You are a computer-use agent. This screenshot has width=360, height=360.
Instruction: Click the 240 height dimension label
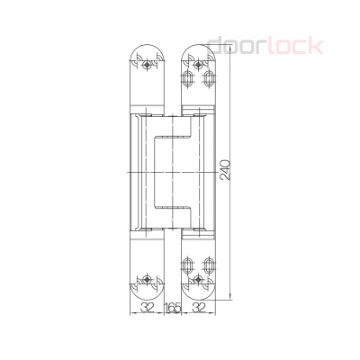pos(225,169)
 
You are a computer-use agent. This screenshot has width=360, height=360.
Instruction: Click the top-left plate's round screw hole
pos(145,65)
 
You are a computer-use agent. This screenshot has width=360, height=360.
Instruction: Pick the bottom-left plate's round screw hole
pos(145,276)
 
